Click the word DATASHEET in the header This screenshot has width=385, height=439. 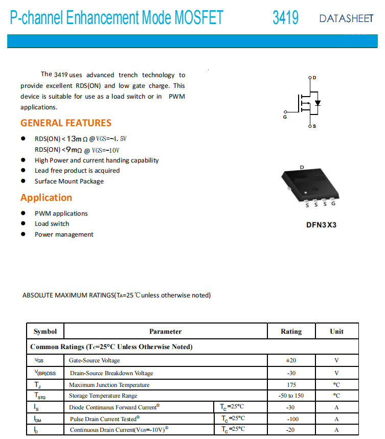(x=346, y=19)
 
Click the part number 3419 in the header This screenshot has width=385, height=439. (x=285, y=18)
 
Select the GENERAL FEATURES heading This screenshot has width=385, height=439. (x=65, y=123)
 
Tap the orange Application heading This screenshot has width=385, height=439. (x=46, y=198)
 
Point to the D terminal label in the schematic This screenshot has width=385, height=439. (x=314, y=78)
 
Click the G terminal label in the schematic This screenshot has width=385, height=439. (x=285, y=117)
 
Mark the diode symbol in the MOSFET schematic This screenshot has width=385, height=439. (x=318, y=103)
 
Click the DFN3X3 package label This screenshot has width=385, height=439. (x=321, y=225)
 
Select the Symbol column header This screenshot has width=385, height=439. (x=45, y=331)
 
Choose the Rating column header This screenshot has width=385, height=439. (x=291, y=331)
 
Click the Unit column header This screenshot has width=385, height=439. (x=336, y=331)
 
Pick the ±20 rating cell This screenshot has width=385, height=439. (x=291, y=360)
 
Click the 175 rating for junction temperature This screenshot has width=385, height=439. (x=291, y=385)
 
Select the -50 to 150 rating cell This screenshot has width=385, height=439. (x=291, y=396)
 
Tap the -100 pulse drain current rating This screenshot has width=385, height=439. (x=291, y=419)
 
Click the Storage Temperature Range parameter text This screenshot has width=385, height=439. (x=103, y=396)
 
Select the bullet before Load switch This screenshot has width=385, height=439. (x=23, y=224)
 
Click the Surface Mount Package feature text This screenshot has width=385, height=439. (x=69, y=181)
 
